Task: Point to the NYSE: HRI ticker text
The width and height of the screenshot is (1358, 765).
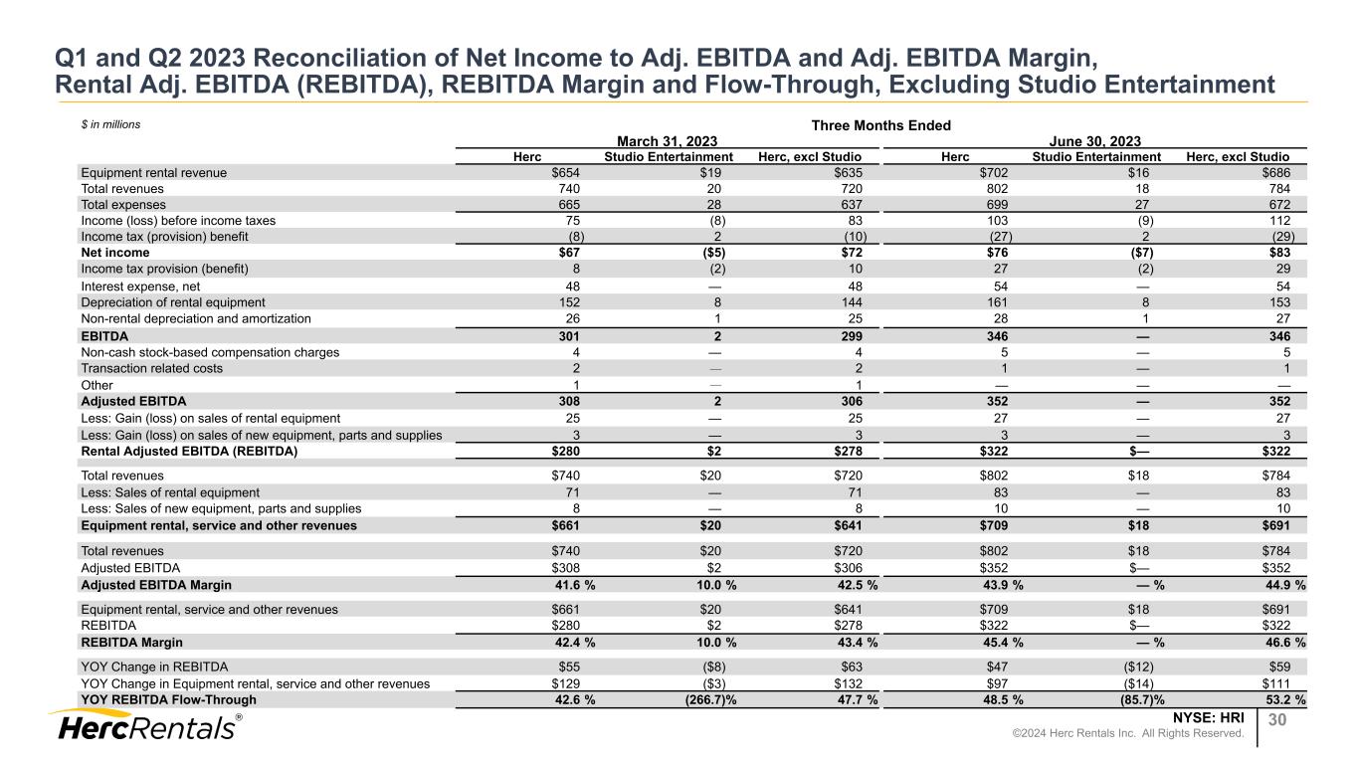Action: click(x=1209, y=716)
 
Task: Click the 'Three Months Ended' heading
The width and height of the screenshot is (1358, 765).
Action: click(x=881, y=125)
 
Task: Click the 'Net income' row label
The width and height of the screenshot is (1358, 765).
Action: click(x=114, y=253)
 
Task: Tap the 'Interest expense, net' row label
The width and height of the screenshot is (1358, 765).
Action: click(x=140, y=286)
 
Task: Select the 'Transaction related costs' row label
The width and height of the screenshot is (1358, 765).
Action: click(x=151, y=368)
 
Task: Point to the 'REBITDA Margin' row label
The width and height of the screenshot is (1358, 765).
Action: click(x=131, y=643)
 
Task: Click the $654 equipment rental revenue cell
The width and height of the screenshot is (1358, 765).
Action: click(x=566, y=172)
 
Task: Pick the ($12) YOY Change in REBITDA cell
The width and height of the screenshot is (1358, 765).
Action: click(x=1136, y=667)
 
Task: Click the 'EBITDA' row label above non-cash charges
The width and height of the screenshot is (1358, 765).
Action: click(x=104, y=335)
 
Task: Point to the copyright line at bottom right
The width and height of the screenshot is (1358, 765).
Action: click(x=1163, y=734)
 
